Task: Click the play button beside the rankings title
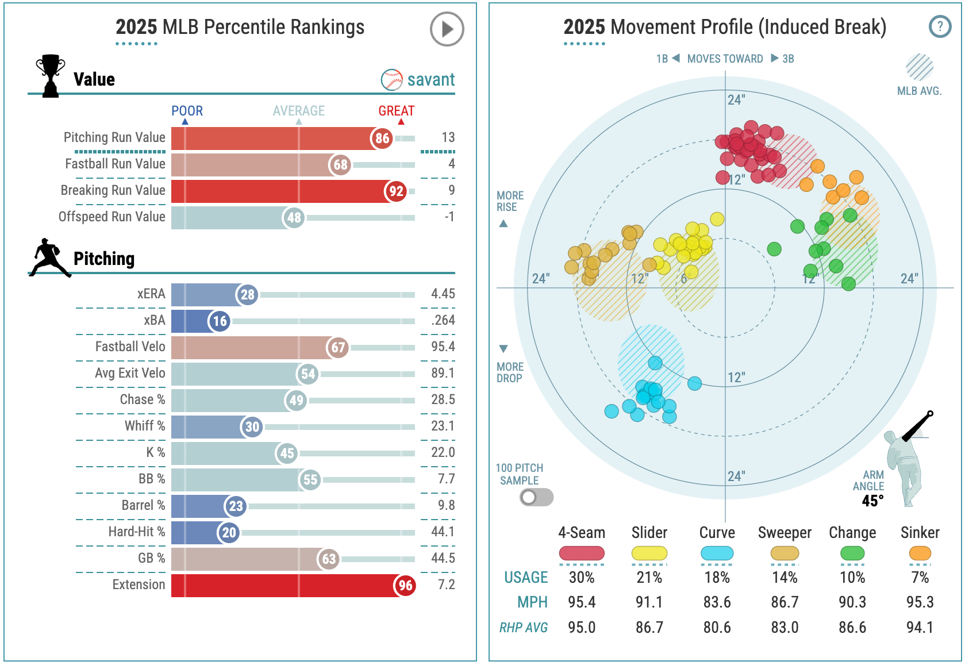click(447, 29)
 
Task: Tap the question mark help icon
click(940, 26)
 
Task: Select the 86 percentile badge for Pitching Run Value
click(382, 139)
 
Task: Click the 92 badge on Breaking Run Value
click(396, 191)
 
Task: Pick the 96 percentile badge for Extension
click(405, 586)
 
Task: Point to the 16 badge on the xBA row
click(220, 321)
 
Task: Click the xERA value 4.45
click(443, 294)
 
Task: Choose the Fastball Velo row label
click(130, 347)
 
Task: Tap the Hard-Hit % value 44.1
click(443, 532)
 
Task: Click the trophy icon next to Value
click(50, 75)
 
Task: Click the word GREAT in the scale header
click(396, 111)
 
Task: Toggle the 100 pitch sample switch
click(536, 497)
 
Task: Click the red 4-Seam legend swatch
click(582, 553)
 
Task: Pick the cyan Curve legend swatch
click(717, 553)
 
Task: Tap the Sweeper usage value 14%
click(785, 577)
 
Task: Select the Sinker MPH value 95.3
click(920, 602)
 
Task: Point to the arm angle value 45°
click(872, 501)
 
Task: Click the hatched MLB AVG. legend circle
click(919, 67)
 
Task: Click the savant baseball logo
click(392, 80)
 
